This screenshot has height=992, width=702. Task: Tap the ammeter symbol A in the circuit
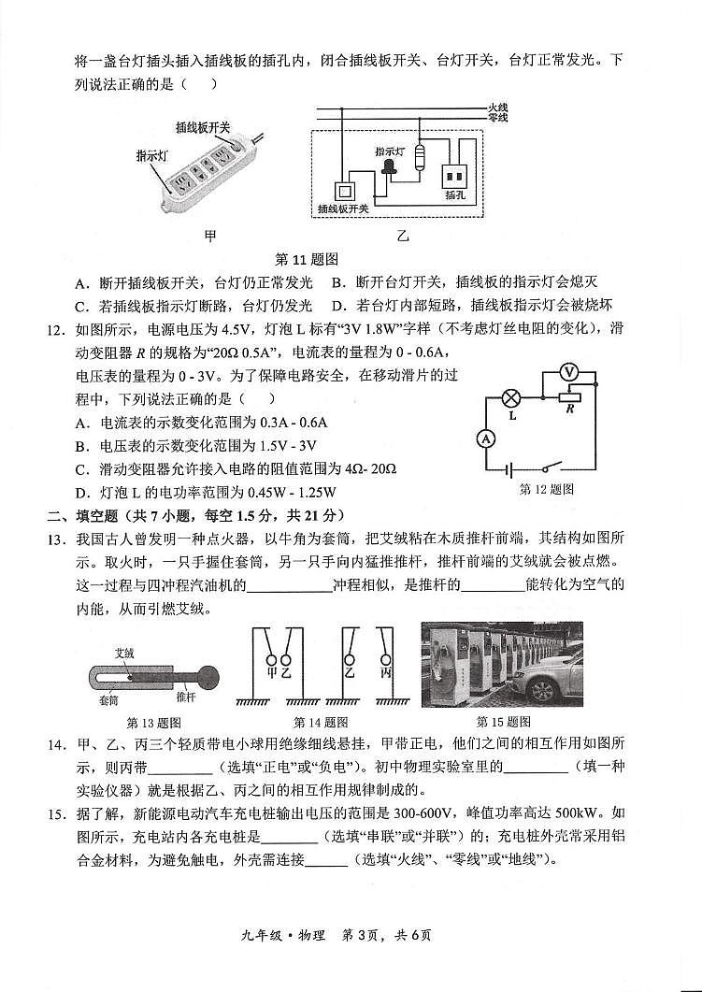tap(485, 438)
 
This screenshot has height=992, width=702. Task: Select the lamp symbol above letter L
tap(511, 396)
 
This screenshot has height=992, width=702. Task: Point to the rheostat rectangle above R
tap(568, 396)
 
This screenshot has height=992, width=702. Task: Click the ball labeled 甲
tap(272, 670)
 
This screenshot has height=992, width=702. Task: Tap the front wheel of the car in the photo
tap(541, 692)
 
